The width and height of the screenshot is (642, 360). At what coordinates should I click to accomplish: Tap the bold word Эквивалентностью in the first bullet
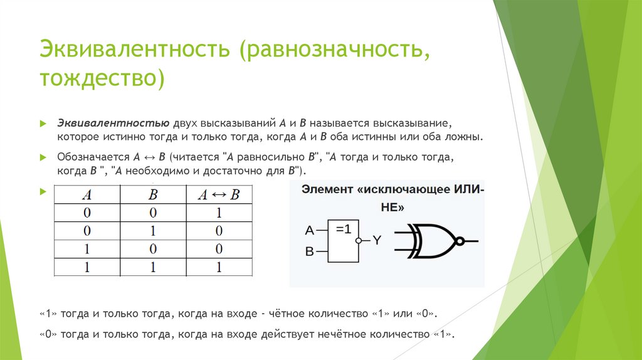(x=111, y=122)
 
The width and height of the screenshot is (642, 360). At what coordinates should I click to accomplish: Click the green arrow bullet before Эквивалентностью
(x=43, y=123)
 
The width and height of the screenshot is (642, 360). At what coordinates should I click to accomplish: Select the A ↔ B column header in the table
(x=218, y=194)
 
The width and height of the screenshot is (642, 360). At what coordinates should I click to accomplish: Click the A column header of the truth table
(x=87, y=194)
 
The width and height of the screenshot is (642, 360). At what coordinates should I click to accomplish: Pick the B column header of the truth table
(x=152, y=194)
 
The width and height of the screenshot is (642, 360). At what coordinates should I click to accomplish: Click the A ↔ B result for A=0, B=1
(x=218, y=231)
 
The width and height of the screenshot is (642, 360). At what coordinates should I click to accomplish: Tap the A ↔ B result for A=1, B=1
(x=218, y=267)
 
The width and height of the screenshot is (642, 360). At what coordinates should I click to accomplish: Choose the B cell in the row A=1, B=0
(x=152, y=249)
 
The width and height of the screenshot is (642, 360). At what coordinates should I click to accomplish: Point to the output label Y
(x=377, y=240)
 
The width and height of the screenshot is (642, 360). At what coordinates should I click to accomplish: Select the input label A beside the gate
(x=309, y=230)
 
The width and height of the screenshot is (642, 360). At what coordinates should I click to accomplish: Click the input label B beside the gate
(x=309, y=252)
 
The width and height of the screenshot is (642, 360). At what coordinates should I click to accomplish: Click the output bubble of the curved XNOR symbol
(x=460, y=241)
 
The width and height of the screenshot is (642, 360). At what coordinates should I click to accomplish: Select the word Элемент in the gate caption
(x=327, y=189)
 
